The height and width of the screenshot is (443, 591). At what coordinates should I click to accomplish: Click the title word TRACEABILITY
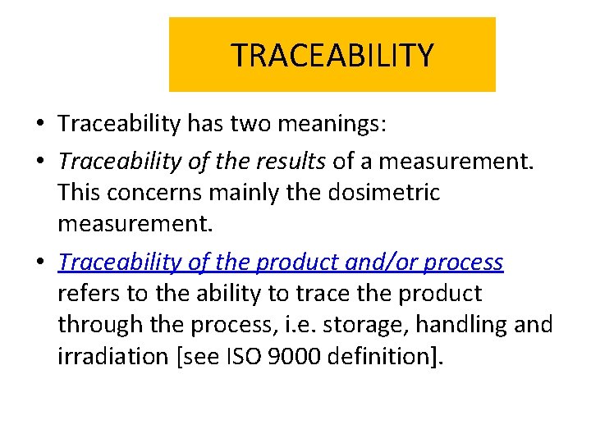(x=332, y=56)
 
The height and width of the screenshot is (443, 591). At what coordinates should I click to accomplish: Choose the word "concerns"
(x=155, y=193)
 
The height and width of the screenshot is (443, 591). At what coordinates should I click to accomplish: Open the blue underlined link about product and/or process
(x=281, y=262)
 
